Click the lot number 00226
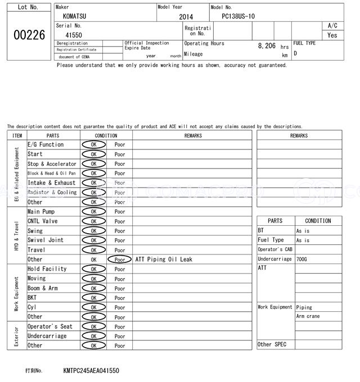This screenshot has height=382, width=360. click(x=29, y=35)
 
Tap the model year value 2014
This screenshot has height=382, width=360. click(x=186, y=17)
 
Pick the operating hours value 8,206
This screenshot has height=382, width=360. click(x=267, y=46)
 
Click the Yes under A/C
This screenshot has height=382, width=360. click(x=332, y=35)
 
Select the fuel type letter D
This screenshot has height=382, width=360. click(x=295, y=53)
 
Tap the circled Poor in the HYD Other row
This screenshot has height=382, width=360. click(x=120, y=260)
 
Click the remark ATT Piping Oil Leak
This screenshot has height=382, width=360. click(x=164, y=260)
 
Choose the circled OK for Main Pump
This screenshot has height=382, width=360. click(x=93, y=212)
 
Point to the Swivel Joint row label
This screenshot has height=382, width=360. click(x=46, y=240)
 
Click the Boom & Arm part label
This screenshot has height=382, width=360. click(x=43, y=288)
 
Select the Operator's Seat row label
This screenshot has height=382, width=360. click(x=50, y=326)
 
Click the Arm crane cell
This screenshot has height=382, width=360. click(x=308, y=316)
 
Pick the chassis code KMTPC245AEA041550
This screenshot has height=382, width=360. click(x=91, y=371)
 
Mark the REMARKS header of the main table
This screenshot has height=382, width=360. click(x=193, y=135)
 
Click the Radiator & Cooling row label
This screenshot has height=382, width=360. click(x=52, y=193)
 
